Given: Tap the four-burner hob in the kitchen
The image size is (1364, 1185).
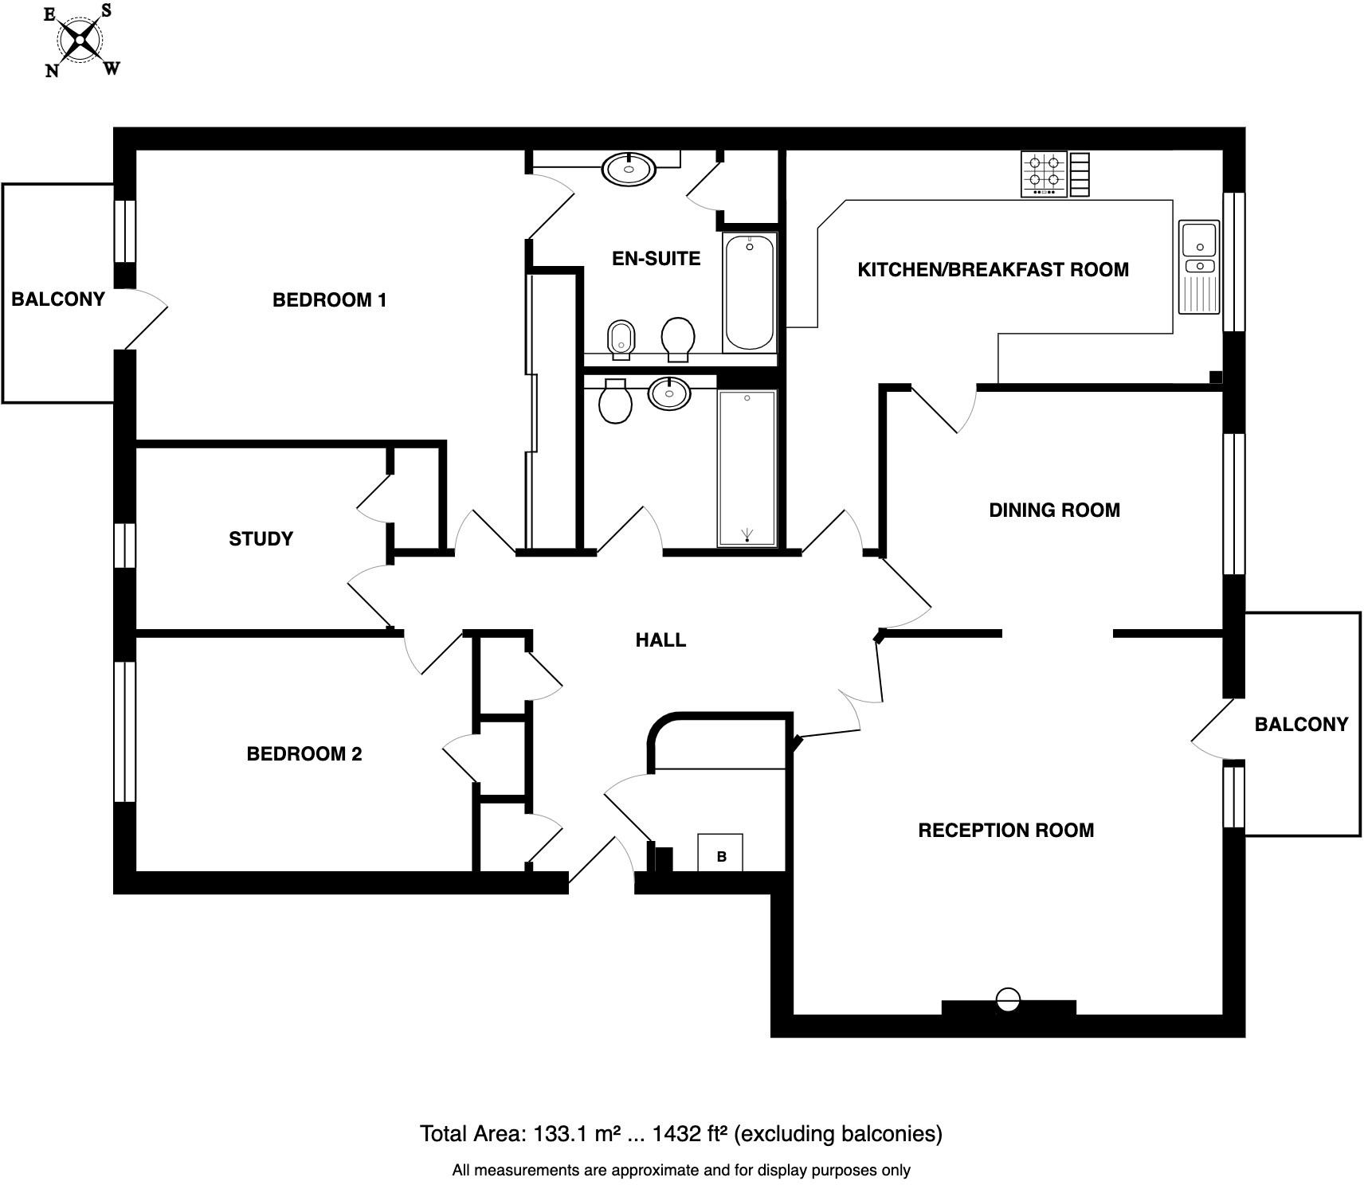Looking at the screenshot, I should coord(1045,174).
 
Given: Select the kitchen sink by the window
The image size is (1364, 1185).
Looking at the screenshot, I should coord(1199,267).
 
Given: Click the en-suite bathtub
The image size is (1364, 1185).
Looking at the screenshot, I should coord(749,292).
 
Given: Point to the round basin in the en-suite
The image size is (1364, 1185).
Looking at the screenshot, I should coord(629,169).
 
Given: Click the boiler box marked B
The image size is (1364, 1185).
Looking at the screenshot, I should coord(720,853).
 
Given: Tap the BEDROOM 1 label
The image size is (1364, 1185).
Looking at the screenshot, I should coord(329,300).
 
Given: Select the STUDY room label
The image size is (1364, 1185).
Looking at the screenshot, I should coord(261,539).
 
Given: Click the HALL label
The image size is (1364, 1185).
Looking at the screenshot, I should coord(660,640).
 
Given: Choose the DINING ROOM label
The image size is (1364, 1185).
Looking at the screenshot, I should coord(1054,510).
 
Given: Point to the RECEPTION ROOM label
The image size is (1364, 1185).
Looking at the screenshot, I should coord(1005,831).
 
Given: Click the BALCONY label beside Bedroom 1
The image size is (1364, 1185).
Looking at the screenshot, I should coord(58,299).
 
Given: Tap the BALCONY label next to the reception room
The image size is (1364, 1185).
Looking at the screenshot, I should coord(1300,725).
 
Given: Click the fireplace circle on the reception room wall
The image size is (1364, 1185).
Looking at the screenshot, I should coord(1008,999).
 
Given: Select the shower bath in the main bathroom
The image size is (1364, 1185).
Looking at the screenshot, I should coord(747,467).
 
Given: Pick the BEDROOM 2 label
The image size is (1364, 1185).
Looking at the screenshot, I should coord(304,754).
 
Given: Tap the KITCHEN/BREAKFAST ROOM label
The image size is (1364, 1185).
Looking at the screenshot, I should coord(993,270).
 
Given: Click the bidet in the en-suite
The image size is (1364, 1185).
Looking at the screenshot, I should coord(621,338).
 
